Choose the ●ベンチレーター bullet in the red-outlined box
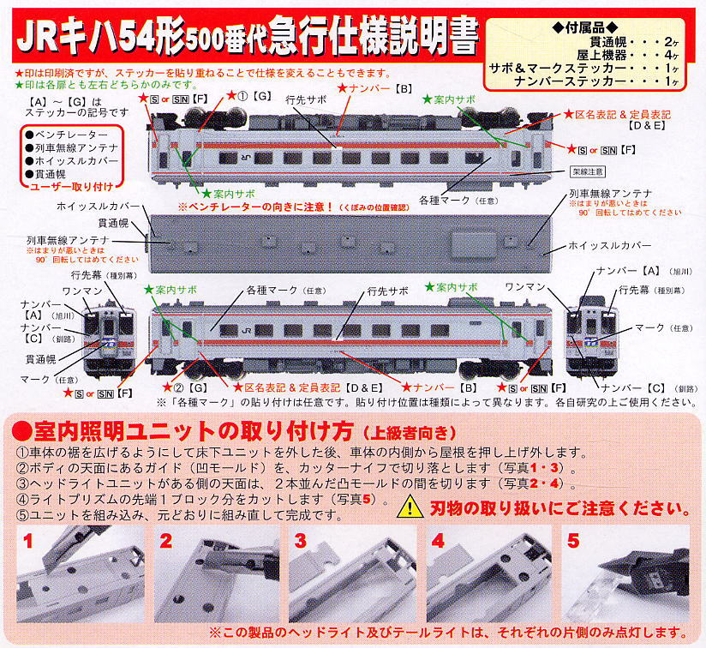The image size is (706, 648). point(66,135)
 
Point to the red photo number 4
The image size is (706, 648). point(438,542)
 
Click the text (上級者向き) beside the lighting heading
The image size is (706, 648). point(401,430)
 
